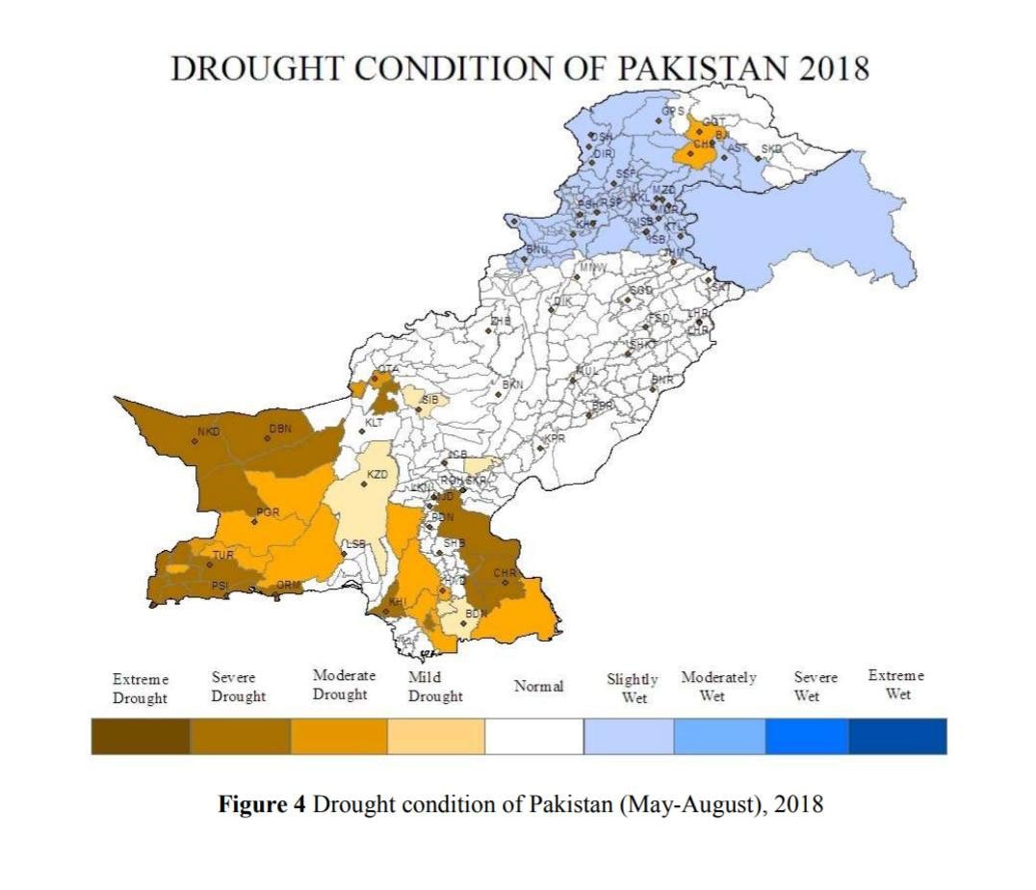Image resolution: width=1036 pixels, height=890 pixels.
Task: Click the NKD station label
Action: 209,432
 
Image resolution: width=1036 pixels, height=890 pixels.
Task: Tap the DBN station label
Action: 280,429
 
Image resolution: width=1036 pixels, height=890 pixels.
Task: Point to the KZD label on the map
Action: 377,475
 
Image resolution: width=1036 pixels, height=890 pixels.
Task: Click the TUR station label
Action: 223,556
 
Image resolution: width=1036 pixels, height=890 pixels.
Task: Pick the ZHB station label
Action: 501,321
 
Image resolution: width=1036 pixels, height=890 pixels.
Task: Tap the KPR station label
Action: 555,439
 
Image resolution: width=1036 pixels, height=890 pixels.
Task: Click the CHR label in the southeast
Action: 505,573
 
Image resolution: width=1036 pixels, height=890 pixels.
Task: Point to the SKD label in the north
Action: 772,148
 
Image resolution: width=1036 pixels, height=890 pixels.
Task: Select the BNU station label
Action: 536,249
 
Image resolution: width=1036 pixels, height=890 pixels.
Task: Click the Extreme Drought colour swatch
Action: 141,737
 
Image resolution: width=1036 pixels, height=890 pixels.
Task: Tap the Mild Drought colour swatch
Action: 436,737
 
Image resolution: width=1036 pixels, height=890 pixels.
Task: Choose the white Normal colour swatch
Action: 534,737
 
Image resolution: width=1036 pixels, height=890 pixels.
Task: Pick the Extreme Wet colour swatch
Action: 897,737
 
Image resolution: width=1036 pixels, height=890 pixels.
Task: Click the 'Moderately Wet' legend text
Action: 718,686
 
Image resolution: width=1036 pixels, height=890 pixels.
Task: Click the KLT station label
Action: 375,423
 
